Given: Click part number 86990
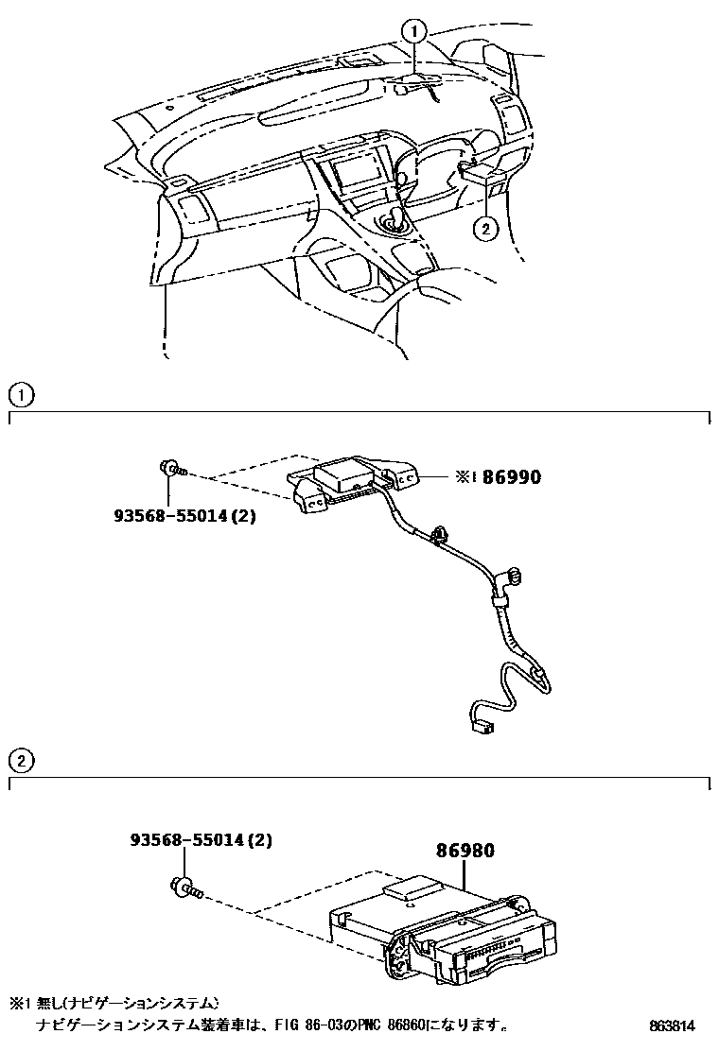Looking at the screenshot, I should point(512,477).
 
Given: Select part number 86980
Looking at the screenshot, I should point(465,851).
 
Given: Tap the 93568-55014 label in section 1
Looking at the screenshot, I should point(184,517).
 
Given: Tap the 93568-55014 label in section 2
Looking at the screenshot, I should point(201,839).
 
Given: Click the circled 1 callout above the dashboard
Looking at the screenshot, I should point(413,32).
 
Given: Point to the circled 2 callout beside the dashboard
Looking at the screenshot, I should point(484,228).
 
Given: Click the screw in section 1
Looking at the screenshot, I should point(173,468).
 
